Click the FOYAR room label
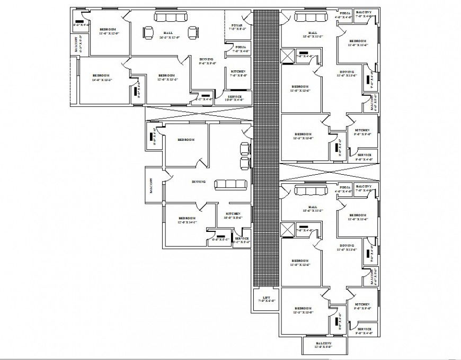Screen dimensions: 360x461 point(237,25)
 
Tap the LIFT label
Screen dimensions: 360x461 point(266,298)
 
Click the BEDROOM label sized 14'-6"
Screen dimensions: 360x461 point(101,76)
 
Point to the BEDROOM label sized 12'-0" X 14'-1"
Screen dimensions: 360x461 point(187,218)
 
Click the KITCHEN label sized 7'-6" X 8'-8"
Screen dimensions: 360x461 point(238,71)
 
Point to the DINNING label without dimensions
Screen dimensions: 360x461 point(199,182)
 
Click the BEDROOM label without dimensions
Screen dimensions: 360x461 point(186,139)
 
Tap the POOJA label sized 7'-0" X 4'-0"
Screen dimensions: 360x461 point(241,47)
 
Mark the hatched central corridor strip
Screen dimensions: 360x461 point(266,148)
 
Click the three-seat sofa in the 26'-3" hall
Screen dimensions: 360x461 point(171,17)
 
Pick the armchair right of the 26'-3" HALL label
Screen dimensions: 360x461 point(192,33)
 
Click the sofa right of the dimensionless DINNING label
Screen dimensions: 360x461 point(230,184)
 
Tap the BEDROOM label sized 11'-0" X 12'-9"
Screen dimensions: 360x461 point(108,29)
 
